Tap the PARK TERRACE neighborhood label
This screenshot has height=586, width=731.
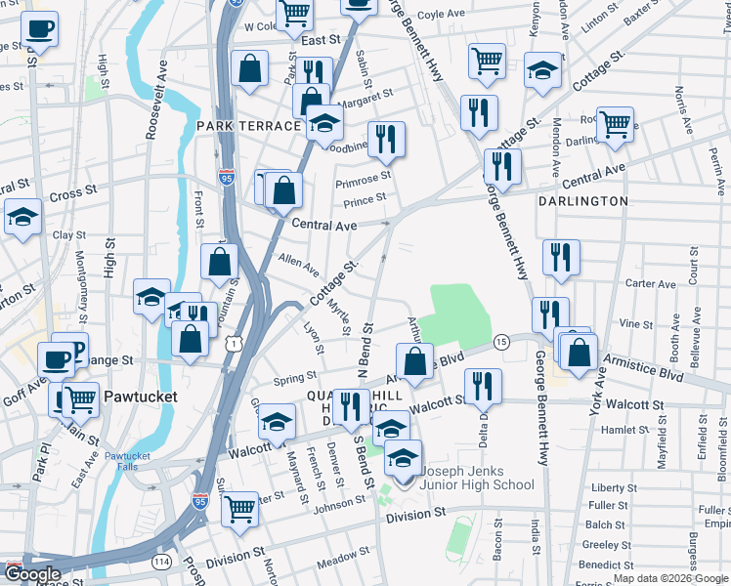[248, 127]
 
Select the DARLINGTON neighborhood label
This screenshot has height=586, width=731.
[582, 201]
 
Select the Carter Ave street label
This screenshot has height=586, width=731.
[652, 285]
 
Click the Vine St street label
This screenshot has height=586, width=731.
[635, 324]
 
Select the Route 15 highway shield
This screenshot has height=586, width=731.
[501, 342]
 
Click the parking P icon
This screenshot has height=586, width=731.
[76, 349]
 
